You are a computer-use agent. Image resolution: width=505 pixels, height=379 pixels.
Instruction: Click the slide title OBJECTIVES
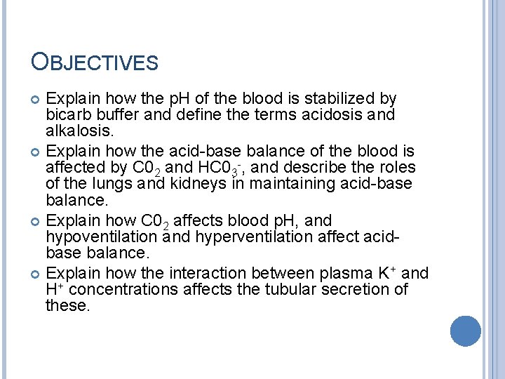pos(95,62)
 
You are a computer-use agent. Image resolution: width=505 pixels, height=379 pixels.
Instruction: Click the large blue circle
pos(466,331)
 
